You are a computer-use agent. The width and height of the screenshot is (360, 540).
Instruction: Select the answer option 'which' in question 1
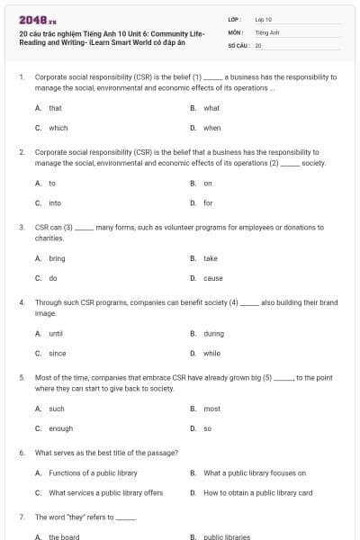pos(58,128)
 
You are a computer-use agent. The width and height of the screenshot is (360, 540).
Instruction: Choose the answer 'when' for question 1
pos(211,128)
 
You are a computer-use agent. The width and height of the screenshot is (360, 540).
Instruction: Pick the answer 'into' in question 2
pos(55,202)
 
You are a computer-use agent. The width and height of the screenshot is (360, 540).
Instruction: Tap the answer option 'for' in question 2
pos(208,202)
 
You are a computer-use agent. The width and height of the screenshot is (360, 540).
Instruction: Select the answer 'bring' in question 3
pos(57,258)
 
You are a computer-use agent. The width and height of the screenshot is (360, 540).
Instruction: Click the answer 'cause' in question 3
pos(212,278)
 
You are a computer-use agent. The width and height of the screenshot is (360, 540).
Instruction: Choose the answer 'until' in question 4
pos(56,333)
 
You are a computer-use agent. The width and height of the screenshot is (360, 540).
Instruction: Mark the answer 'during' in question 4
pos(213,333)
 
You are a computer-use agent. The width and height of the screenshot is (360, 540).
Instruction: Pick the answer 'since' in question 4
pos(57,353)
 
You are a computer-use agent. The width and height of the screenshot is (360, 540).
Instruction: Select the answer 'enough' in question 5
pos(60,428)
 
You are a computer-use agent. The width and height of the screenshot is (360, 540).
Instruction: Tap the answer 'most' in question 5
pos(211,409)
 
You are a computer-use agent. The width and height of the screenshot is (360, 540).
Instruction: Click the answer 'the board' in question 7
pos(64,536)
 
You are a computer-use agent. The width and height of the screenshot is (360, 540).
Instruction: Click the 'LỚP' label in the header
pos(234,18)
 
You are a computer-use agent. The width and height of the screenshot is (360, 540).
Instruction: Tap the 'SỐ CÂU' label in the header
pos(238,44)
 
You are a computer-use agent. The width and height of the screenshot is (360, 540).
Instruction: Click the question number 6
pos(22,452)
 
